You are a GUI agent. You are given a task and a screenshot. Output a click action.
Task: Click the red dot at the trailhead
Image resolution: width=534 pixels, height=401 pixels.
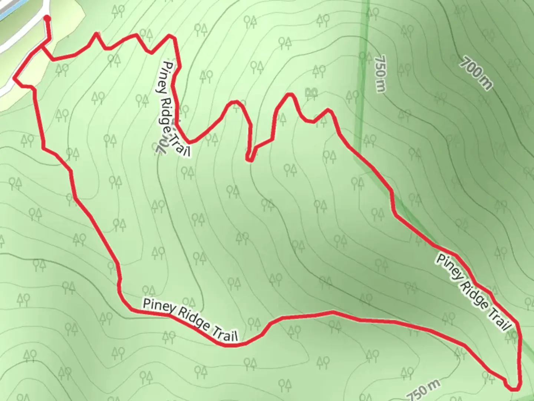(47, 18)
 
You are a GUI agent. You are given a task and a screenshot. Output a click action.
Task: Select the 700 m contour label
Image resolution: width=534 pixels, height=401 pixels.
(477, 73)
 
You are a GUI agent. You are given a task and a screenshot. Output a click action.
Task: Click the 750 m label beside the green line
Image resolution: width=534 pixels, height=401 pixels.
(380, 73)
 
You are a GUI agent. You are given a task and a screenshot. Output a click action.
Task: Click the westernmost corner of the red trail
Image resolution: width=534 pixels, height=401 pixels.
(14, 78)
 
